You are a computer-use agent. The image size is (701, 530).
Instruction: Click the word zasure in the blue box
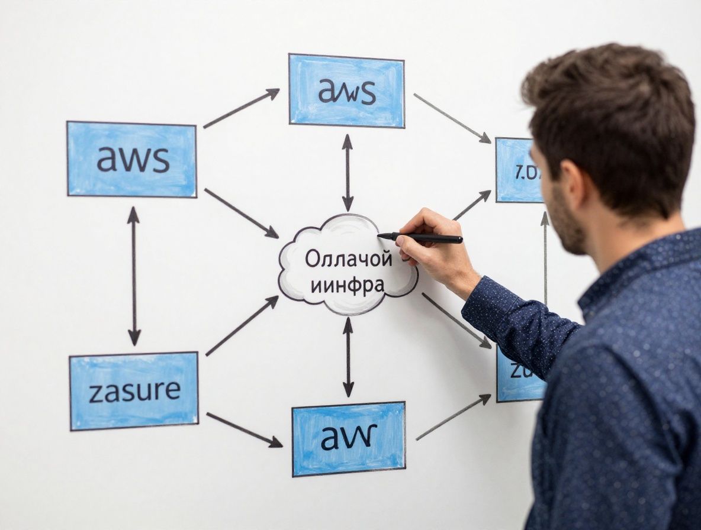[x=135, y=391]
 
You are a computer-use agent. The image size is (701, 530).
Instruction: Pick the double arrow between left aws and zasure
[x=134, y=276]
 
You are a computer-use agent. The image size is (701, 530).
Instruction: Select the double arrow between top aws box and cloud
[x=348, y=172]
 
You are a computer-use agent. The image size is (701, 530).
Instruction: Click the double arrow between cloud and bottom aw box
[x=348, y=357]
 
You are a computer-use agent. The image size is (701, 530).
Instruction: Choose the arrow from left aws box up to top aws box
[x=241, y=108]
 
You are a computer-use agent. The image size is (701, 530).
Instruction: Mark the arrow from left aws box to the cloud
[x=241, y=213]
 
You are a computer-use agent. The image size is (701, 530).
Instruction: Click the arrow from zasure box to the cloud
[x=242, y=326]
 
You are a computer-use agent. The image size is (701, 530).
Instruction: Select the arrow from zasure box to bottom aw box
[x=244, y=429]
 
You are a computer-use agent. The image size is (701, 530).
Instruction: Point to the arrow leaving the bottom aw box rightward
[x=453, y=418]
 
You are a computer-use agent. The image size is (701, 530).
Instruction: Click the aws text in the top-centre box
[x=347, y=92]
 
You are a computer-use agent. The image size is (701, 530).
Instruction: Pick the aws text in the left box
[x=133, y=159]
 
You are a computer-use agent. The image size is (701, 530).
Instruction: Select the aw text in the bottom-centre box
[x=349, y=437]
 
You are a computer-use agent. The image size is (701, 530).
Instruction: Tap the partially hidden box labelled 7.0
[x=517, y=170]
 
